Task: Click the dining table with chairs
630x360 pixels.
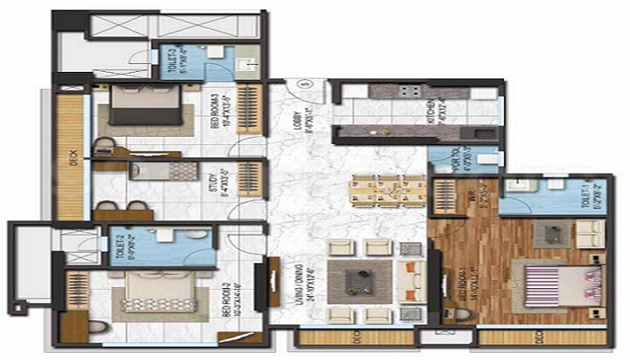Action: [387, 190]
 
